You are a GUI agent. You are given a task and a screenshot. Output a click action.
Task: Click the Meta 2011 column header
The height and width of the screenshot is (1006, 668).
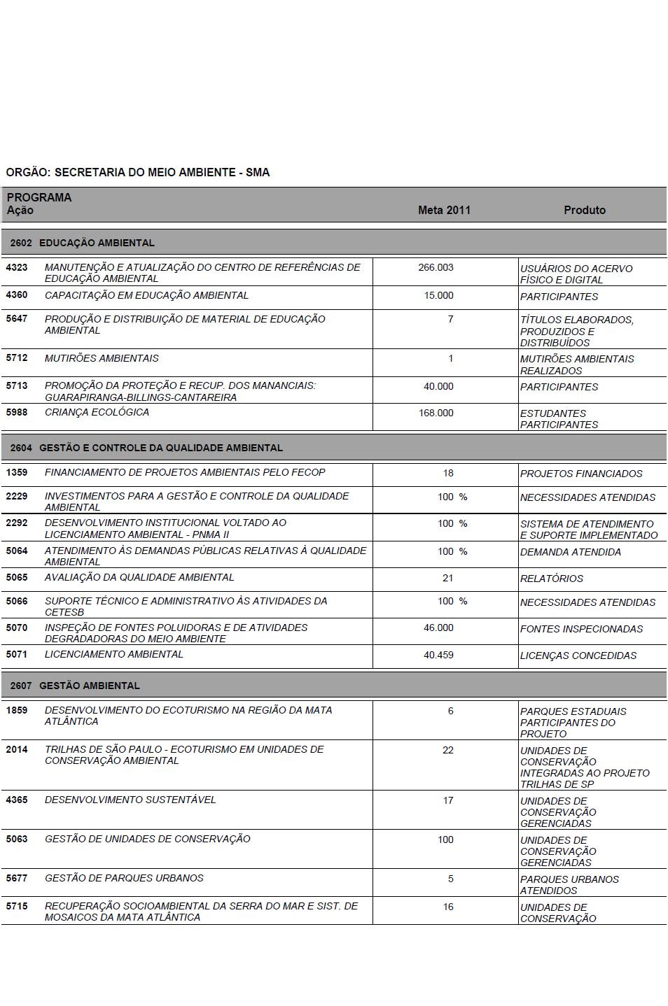click(x=444, y=210)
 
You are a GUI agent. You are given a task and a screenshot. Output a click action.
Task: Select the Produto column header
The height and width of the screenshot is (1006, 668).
click(x=585, y=210)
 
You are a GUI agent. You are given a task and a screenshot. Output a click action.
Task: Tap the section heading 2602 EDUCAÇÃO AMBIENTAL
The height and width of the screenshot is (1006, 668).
click(x=83, y=243)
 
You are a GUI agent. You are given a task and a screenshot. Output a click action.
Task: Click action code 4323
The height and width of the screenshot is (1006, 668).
click(x=17, y=267)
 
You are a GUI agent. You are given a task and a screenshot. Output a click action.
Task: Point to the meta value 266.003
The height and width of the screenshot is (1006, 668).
click(x=436, y=267)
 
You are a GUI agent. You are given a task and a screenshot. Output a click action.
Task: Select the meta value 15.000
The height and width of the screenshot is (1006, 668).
click(x=438, y=295)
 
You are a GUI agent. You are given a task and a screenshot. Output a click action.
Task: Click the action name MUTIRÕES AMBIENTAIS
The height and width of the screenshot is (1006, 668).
click(x=102, y=358)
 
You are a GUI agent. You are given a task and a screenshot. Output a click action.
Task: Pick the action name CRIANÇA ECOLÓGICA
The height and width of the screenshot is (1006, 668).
click(x=97, y=412)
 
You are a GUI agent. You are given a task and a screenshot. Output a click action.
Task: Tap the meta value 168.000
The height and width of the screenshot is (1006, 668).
click(x=436, y=413)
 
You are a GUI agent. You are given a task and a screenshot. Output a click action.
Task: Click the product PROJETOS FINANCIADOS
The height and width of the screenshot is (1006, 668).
click(x=581, y=474)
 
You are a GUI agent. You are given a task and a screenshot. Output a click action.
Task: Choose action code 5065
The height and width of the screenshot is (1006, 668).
click(x=17, y=578)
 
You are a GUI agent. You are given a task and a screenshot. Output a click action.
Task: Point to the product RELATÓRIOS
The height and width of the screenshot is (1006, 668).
click(x=552, y=579)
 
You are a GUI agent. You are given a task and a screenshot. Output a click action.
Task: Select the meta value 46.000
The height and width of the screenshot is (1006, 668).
click(x=438, y=628)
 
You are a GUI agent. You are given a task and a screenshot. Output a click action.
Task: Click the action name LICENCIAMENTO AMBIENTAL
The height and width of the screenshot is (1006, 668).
click(x=113, y=654)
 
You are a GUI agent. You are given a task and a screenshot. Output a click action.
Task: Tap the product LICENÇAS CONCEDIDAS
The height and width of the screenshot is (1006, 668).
click(x=578, y=656)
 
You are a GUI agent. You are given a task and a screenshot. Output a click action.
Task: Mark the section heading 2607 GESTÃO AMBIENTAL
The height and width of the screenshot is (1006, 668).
click(x=75, y=686)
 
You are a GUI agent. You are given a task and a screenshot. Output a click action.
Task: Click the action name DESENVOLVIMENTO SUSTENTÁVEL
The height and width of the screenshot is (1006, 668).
click(x=130, y=800)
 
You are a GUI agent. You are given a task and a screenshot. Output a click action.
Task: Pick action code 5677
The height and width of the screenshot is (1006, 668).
click(x=17, y=878)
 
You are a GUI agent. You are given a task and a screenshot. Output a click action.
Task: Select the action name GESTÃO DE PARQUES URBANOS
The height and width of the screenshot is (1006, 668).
click(x=124, y=878)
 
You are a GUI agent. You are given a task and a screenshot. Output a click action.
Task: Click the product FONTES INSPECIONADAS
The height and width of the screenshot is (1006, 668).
click(x=581, y=629)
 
